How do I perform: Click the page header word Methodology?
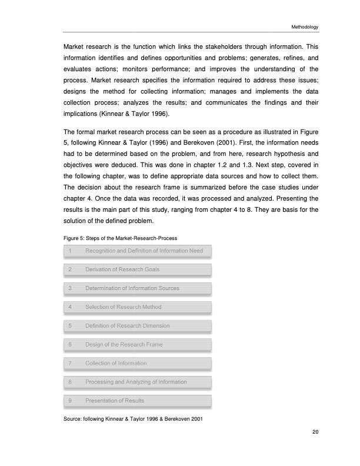[304, 27]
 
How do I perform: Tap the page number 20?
[315, 432]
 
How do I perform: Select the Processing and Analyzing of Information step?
[136, 382]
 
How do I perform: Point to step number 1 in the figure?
[70, 251]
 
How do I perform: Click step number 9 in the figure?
[70, 401]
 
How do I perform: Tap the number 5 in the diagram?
[70, 325]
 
